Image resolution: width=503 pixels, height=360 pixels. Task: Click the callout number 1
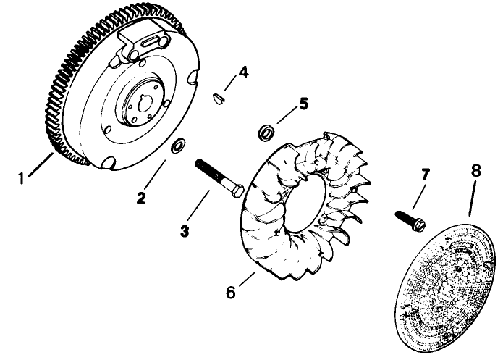(24, 176)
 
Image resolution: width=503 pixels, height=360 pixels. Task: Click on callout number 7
(425, 175)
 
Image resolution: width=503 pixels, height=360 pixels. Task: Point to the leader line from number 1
(42, 164)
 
